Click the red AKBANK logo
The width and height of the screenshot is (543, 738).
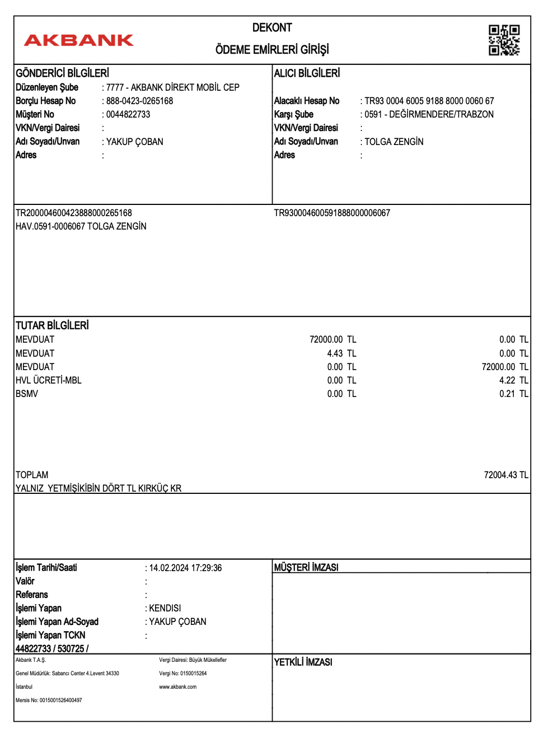tap(79, 40)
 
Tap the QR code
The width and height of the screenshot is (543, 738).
tap(504, 40)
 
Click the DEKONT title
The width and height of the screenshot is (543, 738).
tap(272, 28)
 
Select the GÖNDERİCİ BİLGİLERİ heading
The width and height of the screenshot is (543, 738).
tap(62, 73)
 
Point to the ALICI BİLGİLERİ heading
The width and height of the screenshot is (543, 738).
tap(307, 73)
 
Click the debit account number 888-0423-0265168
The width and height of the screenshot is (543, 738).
tap(140, 101)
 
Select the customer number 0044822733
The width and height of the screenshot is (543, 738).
tap(128, 115)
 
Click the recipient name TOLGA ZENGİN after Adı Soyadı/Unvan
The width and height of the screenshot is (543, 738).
tap(394, 142)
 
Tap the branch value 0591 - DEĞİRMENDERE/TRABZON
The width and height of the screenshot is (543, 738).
tap(429, 115)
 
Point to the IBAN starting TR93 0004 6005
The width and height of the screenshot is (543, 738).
tap(429, 101)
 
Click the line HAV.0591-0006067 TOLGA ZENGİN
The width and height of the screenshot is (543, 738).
tap(81, 227)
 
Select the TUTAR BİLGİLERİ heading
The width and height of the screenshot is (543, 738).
tap(52, 326)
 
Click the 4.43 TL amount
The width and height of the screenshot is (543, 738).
tap(341, 354)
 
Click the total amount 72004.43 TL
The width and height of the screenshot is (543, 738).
tap(506, 475)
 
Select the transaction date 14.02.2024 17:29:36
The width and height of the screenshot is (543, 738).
tap(185, 568)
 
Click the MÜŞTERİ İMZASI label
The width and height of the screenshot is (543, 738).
tap(306, 568)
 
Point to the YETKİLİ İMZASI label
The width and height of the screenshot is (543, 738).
tap(303, 662)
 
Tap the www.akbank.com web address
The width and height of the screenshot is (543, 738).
tap(178, 687)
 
